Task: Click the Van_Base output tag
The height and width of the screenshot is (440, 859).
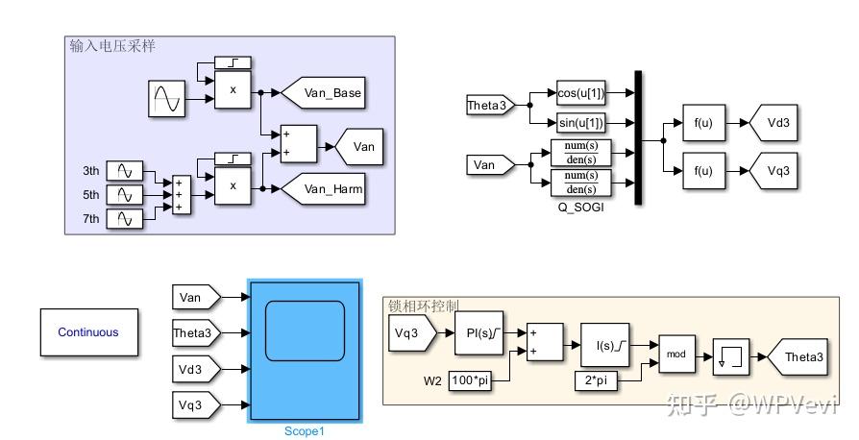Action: pos(326,92)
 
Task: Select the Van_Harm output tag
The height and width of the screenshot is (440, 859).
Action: pos(326,189)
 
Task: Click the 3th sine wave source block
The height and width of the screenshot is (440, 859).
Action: pos(125,171)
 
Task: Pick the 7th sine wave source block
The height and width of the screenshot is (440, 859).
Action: pos(125,220)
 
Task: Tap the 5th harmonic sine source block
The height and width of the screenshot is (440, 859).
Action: pos(125,195)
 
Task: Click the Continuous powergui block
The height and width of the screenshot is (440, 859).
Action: pos(88,332)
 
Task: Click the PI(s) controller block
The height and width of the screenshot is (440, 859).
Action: pos(479,333)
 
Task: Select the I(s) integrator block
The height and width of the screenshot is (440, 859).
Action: pos(604,345)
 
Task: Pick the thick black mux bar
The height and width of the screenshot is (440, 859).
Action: pos(637,136)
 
